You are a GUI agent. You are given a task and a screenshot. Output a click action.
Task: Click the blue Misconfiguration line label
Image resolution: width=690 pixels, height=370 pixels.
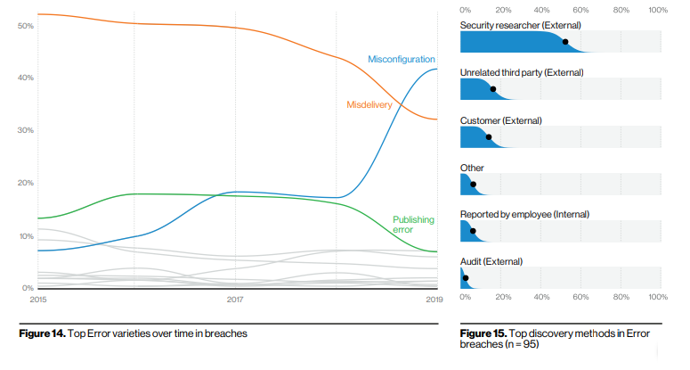click(402, 59)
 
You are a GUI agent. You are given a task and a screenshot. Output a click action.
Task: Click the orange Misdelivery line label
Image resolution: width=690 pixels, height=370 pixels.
click(369, 105)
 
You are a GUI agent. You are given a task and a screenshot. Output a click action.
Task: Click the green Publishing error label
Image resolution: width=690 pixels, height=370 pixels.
click(413, 225)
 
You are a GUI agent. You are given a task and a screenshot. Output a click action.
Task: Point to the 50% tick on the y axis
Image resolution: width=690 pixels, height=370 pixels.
click(25, 25)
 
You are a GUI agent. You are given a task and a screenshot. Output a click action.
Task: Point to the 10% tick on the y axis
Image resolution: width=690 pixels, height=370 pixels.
click(25, 235)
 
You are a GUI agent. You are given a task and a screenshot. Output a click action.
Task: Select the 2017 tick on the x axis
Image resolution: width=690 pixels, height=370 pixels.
click(234, 300)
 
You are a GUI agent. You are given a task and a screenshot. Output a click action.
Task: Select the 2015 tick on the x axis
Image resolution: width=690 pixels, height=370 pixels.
click(38, 300)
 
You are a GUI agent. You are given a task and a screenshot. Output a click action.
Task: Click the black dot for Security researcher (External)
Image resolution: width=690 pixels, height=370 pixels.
click(565, 42)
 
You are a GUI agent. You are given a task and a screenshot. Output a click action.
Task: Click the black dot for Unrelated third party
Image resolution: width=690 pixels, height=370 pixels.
click(493, 89)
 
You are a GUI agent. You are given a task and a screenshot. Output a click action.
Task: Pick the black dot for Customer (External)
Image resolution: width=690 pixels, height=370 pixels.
click(489, 137)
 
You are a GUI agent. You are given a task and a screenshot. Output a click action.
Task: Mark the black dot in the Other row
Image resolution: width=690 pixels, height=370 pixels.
click(473, 185)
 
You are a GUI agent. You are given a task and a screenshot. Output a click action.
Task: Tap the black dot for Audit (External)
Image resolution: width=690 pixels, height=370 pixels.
click(466, 278)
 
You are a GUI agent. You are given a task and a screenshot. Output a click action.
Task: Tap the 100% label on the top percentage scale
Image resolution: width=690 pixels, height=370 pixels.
click(659, 10)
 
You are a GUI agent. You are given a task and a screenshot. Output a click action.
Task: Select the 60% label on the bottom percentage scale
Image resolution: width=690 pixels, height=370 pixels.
click(580, 296)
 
